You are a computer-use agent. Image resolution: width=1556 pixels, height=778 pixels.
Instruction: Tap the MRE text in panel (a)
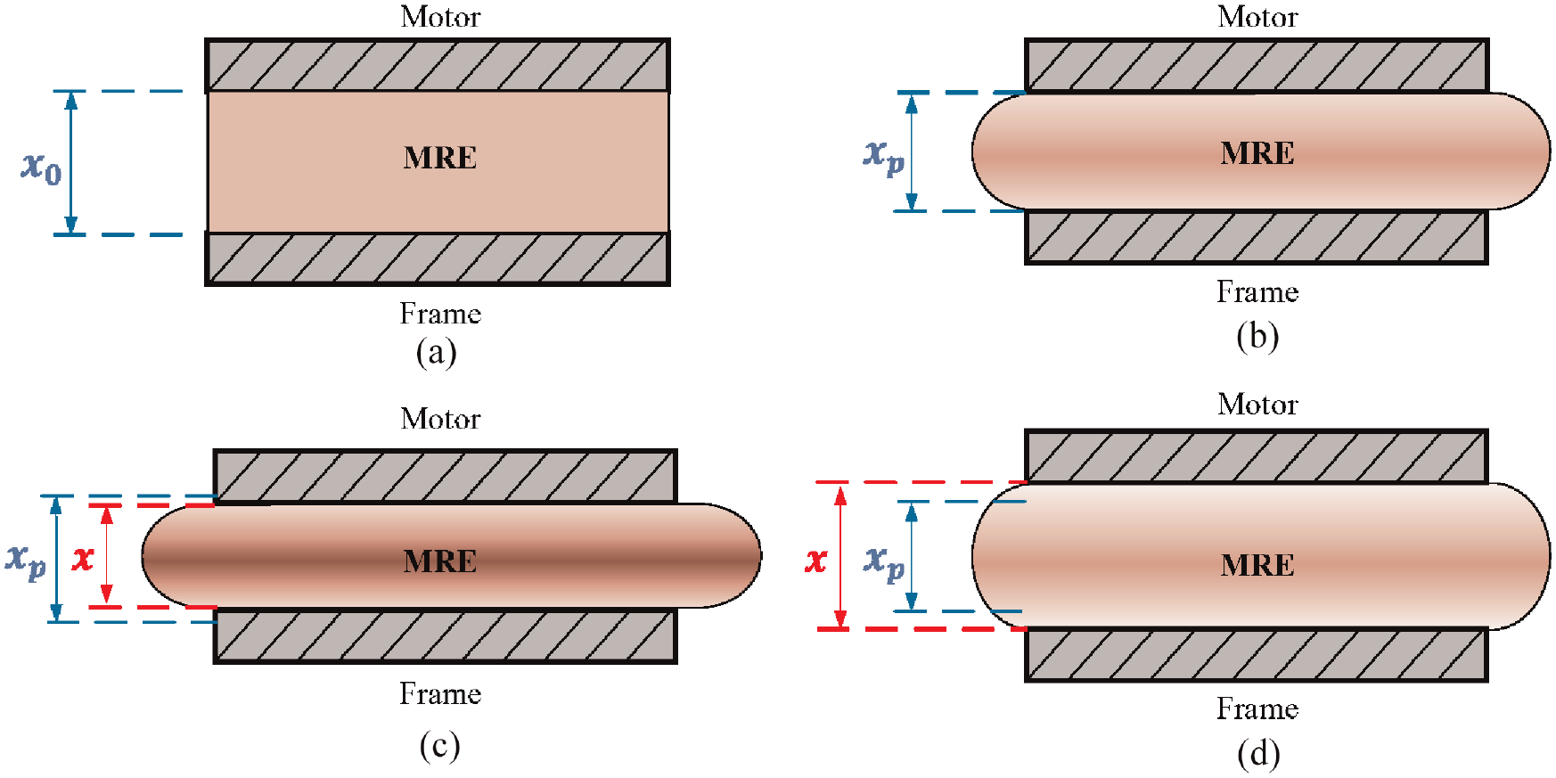click(440, 158)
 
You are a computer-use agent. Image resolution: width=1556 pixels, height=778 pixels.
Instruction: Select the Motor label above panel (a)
click(440, 17)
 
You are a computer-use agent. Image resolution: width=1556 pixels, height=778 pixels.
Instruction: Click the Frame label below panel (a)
click(440, 314)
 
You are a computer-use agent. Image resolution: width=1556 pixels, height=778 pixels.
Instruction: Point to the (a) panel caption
click(437, 352)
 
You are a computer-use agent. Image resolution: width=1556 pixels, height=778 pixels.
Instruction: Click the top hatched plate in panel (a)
click(438, 65)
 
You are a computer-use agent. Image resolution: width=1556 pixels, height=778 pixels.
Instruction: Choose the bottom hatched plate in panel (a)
click(438, 259)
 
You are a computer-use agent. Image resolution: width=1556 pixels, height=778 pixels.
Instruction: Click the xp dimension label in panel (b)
click(884, 156)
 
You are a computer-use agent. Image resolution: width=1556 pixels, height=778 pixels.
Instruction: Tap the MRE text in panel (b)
click(1257, 153)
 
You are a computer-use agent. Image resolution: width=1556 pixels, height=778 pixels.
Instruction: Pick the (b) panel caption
click(1257, 336)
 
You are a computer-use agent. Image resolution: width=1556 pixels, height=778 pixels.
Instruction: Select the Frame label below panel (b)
click(1257, 292)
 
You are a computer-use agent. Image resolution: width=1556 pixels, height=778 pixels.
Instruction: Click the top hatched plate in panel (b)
click(1257, 65)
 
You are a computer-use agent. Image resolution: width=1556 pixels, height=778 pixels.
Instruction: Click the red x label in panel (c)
click(83, 559)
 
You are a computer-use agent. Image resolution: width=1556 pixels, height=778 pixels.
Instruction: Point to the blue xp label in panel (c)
click(26, 561)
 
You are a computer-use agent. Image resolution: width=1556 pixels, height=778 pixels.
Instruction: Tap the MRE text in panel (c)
click(440, 561)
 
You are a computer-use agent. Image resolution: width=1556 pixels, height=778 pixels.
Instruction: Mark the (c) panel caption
click(440, 745)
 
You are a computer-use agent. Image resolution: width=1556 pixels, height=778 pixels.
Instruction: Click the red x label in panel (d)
click(816, 560)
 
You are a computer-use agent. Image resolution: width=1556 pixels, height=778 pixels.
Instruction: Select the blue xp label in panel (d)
click(884, 562)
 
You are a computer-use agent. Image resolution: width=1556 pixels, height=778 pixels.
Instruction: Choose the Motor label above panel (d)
click(1257, 405)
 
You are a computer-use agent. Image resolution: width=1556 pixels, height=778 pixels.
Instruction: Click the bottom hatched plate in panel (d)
click(1257, 655)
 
